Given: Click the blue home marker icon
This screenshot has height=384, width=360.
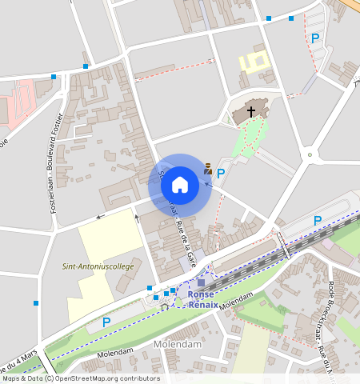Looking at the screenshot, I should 180,185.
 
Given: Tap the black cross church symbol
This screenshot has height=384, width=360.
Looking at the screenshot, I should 251,111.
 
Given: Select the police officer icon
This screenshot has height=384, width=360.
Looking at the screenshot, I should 208,169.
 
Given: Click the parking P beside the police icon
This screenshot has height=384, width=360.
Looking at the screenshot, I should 221,173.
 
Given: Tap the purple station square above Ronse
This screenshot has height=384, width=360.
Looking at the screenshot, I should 201,282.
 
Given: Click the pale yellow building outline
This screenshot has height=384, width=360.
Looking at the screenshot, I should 254,62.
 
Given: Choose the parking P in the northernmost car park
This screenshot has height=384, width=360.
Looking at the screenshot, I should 315,38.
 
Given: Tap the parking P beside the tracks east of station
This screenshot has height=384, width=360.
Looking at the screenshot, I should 318,220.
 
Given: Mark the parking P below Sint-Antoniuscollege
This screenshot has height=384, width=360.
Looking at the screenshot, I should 106,322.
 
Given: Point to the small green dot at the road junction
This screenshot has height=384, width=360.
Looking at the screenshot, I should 310,154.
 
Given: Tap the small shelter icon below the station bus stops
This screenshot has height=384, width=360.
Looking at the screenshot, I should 166,305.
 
